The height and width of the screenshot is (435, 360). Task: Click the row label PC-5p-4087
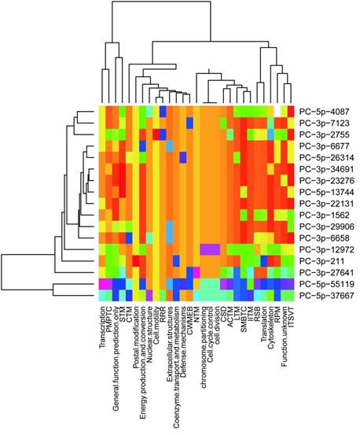coord(324,112)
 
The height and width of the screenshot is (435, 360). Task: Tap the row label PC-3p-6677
coord(324,146)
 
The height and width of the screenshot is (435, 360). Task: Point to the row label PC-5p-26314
coord(325,157)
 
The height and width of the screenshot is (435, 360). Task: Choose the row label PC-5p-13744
coord(325,191)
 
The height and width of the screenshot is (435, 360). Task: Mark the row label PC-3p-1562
coord(324,214)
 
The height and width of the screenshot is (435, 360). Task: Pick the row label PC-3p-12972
coord(325,249)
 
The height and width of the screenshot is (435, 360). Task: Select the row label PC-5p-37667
coord(325,295)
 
